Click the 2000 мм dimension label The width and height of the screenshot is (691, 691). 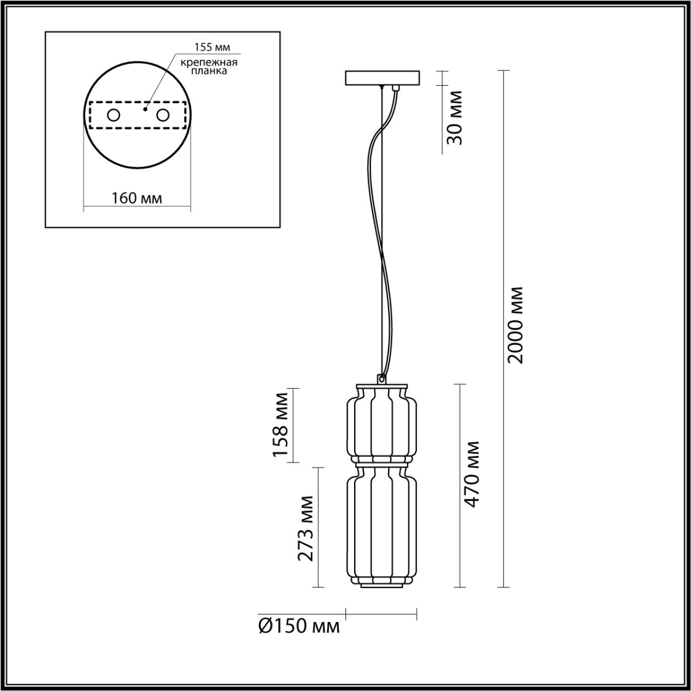click(x=516, y=324)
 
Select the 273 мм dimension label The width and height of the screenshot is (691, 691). click(x=306, y=527)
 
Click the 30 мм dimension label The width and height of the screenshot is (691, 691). click(x=455, y=118)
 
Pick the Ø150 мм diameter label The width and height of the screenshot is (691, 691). click(x=299, y=626)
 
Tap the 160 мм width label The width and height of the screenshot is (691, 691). click(x=137, y=198)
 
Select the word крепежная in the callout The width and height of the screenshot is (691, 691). click(x=209, y=62)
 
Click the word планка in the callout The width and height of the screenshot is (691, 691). click(x=209, y=71)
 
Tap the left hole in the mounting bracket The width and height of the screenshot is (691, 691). click(x=114, y=115)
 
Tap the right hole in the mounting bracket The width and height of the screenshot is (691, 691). click(x=162, y=115)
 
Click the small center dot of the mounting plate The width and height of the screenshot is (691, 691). click(x=144, y=109)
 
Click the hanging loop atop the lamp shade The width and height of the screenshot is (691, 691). click(x=382, y=379)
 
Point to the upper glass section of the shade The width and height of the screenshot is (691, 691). click(x=381, y=421)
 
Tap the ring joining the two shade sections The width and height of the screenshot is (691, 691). click(x=381, y=460)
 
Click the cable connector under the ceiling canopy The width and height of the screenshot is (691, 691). click(x=396, y=87)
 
